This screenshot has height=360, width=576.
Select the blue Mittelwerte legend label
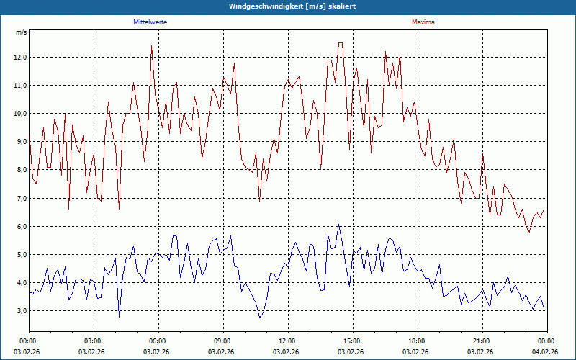(x=156, y=22)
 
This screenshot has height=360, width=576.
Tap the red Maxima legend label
(x=423, y=22)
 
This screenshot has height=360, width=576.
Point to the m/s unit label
(x=21, y=33)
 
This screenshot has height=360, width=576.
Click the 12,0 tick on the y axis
(x=19, y=58)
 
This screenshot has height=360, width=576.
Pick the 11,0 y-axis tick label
(x=19, y=86)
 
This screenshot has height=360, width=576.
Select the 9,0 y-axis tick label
(x=19, y=142)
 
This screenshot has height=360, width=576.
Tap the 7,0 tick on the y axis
(x=19, y=198)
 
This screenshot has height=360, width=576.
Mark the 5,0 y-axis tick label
(x=19, y=254)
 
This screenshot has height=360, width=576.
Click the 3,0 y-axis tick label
(x=19, y=311)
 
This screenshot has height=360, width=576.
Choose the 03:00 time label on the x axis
(x=93, y=341)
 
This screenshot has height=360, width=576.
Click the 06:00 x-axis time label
(x=158, y=341)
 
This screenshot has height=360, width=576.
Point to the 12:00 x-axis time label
(x=287, y=341)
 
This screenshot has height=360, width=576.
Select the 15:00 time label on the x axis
(x=351, y=341)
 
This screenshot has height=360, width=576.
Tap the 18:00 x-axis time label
(x=416, y=341)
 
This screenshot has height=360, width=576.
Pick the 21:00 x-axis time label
(x=481, y=341)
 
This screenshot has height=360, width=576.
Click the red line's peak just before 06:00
(x=151, y=46)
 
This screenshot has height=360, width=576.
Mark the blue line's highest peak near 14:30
(x=338, y=225)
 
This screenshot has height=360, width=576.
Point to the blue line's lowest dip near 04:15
(x=120, y=316)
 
